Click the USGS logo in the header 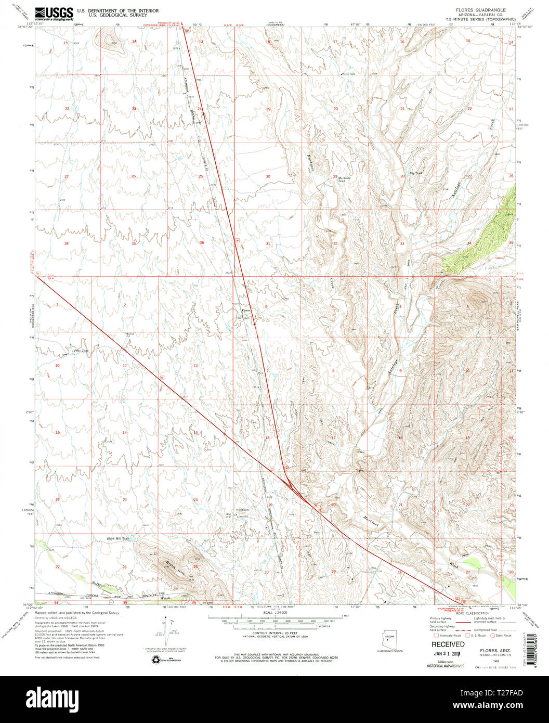pos(54,13)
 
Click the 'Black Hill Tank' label pos(117,538)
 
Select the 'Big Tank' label pos(414,173)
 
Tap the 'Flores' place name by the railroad pos(245,311)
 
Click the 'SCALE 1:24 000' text pos(274,614)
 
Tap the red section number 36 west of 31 pos(202,242)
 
